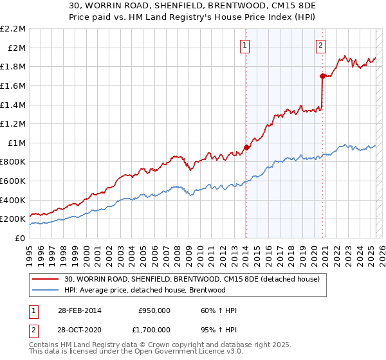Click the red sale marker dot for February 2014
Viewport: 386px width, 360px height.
click(x=246, y=147)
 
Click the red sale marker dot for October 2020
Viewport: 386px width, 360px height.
click(x=322, y=76)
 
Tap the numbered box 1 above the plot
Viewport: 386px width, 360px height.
click(x=246, y=45)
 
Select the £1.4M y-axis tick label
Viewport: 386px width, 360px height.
click(x=14, y=105)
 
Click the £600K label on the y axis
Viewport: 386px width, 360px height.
click(x=14, y=181)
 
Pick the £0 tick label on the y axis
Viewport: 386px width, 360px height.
click(x=21, y=238)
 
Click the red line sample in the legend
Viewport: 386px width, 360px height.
click(x=46, y=279)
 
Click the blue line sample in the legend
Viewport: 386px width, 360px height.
click(x=46, y=290)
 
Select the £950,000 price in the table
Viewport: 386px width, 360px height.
click(x=154, y=310)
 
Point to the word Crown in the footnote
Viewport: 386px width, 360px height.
click(x=158, y=346)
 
